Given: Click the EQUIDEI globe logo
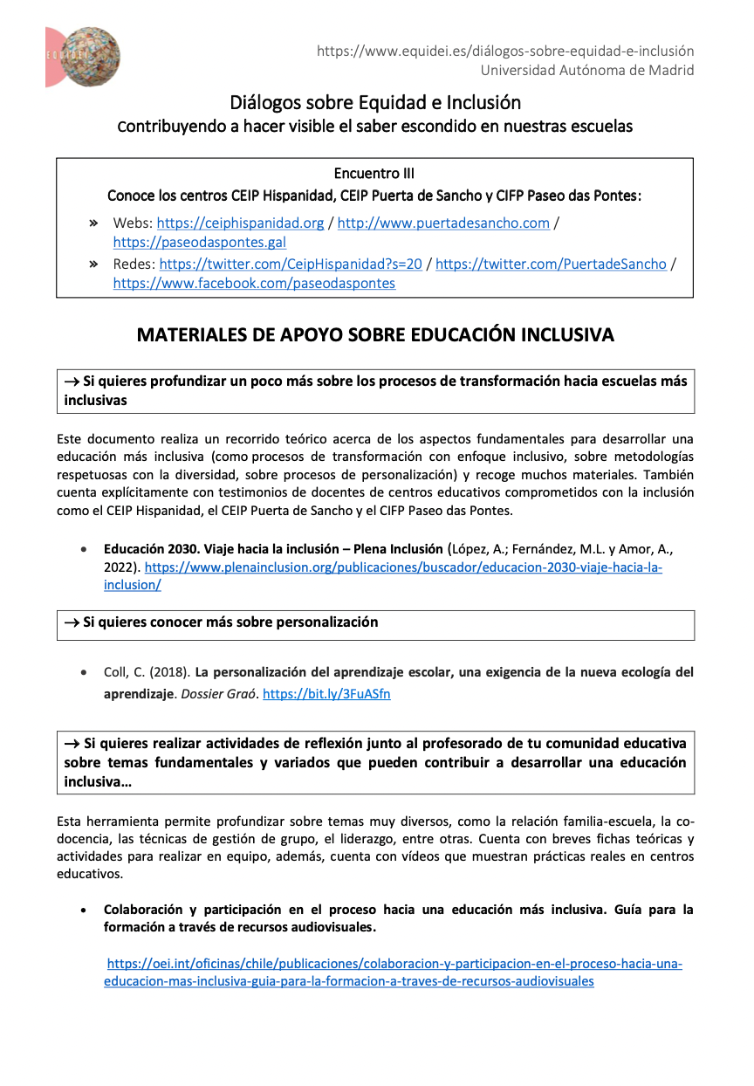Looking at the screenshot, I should tap(84, 57).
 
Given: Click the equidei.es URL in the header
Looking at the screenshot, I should tap(505, 52).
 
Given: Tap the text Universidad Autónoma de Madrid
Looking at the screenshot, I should tap(587, 70).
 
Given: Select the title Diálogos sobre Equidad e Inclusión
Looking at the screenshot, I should tap(375, 102).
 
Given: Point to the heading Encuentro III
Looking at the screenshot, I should tap(374, 174).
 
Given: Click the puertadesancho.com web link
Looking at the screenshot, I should tap(443, 223).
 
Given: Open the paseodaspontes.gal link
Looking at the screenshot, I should tap(199, 242).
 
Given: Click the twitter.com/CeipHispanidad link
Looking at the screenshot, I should tap(291, 264).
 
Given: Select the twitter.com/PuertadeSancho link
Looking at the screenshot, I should tap(551, 264).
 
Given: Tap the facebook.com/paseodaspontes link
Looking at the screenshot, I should tap(254, 283).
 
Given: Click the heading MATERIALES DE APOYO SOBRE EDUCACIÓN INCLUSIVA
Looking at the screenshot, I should tap(375, 335).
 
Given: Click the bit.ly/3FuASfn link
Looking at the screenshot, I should tap(326, 694).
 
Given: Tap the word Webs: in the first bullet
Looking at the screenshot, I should tap(133, 223).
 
